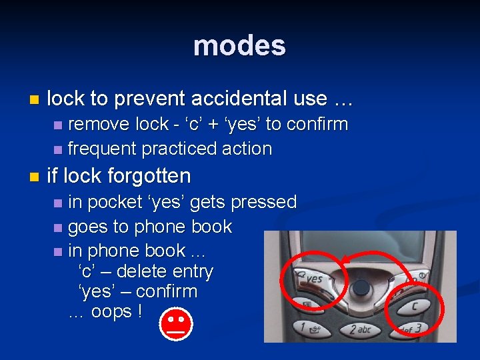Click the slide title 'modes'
pyautogui.click(x=239, y=46)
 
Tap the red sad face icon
pyautogui.click(x=176, y=325)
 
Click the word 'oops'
pyautogui.click(x=111, y=311)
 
